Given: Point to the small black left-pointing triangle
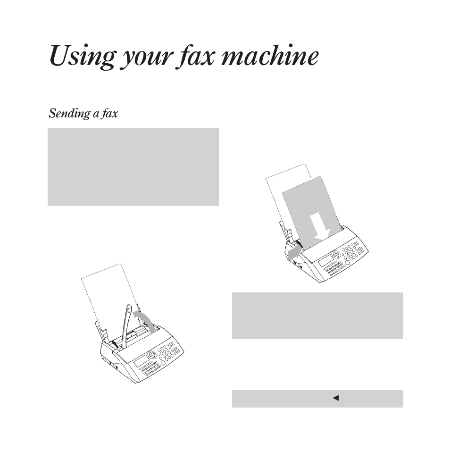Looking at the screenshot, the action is tap(336, 398).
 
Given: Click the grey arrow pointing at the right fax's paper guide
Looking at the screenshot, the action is tap(293, 253).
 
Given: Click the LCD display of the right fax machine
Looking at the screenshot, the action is tap(325, 261).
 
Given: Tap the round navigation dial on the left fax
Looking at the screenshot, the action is tap(151, 354).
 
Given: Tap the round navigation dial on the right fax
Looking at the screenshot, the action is tap(335, 253).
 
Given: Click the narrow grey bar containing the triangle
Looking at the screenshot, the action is tap(317, 399).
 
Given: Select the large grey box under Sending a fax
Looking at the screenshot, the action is tap(133, 167).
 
